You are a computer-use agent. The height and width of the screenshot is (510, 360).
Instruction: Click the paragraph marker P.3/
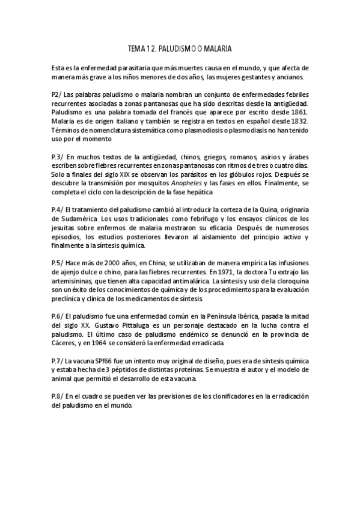(59, 156)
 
